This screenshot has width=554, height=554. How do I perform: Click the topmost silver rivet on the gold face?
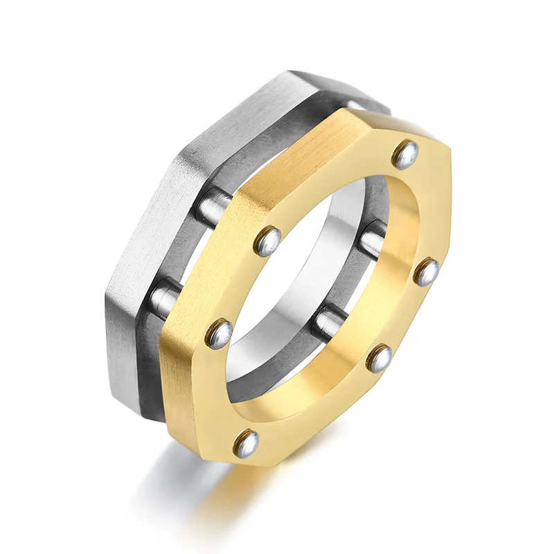pyautogui.click(x=405, y=154)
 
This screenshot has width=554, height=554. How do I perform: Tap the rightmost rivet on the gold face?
pyautogui.click(x=426, y=271)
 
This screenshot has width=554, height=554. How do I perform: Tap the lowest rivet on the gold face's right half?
pyautogui.click(x=379, y=357)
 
